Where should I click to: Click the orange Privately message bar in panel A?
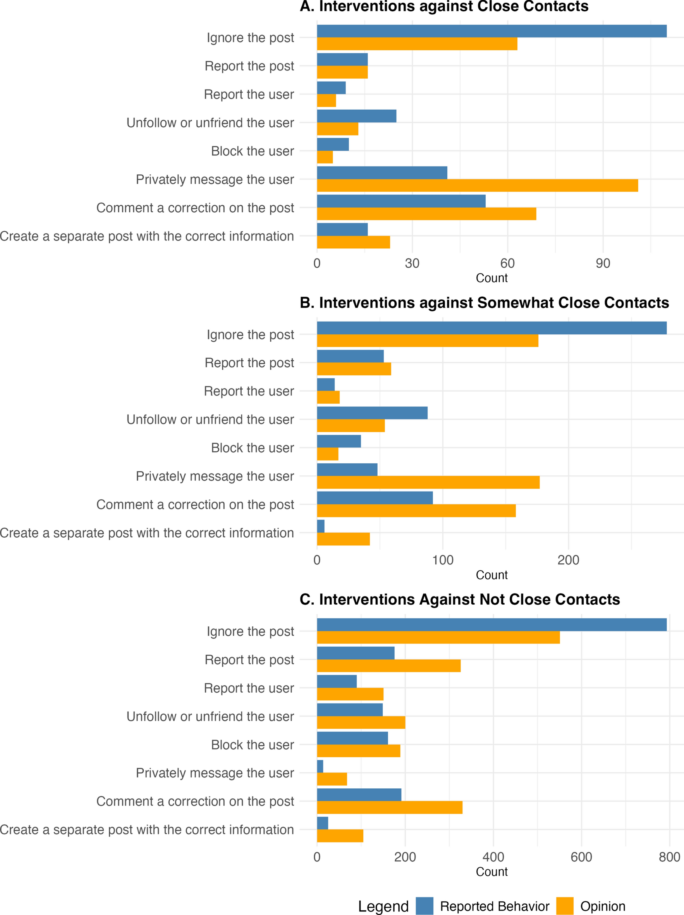pyautogui.click(x=477, y=185)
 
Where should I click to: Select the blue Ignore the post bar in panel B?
pyautogui.click(x=491, y=328)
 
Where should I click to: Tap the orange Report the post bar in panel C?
pyautogui.click(x=388, y=666)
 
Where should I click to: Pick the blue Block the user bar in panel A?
pyautogui.click(x=332, y=144)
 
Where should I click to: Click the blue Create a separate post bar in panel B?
pyautogui.click(x=320, y=526)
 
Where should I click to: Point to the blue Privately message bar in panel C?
pyautogui.click(x=320, y=766)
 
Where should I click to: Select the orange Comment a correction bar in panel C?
pyautogui.click(x=389, y=807)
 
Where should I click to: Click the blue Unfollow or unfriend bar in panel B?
pyautogui.click(x=372, y=413)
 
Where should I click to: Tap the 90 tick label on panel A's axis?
pyautogui.click(x=603, y=263)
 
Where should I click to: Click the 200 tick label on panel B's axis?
pyautogui.click(x=568, y=560)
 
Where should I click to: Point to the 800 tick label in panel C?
pyautogui.click(x=669, y=857)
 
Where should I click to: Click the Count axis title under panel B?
pyautogui.click(x=491, y=575)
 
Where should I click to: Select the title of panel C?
pyautogui.click(x=459, y=599)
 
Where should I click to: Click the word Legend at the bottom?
pyautogui.click(x=383, y=906)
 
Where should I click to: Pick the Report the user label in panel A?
pyautogui.click(x=249, y=94)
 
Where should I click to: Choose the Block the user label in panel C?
pyautogui.click(x=252, y=745)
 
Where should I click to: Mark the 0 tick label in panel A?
pyautogui.click(x=317, y=263)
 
